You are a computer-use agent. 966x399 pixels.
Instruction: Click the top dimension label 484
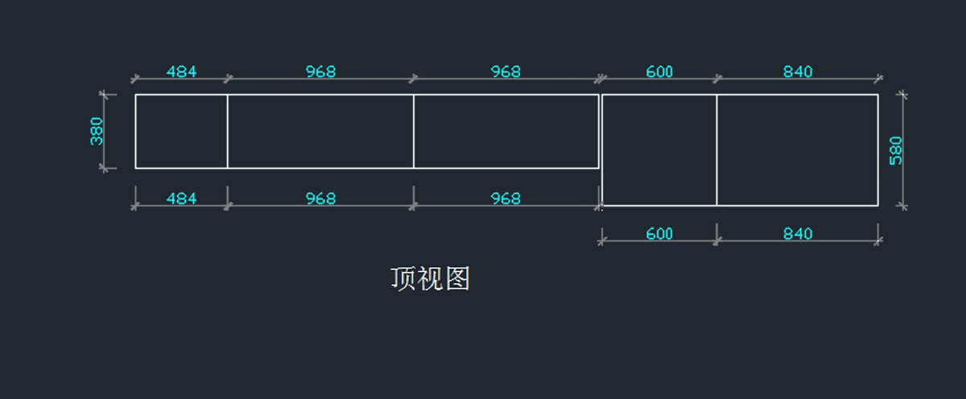coord(181,72)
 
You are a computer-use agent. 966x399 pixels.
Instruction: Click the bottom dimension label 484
coord(181,199)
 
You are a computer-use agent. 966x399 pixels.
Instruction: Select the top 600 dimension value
coord(659,72)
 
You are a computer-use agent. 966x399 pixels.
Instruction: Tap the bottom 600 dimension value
coord(659,234)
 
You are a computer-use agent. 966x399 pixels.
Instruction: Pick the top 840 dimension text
coord(798,72)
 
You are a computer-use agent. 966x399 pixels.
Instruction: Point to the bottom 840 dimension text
coord(798,234)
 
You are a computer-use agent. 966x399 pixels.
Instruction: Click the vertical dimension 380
coord(97,131)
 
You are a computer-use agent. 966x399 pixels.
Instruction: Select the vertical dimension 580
coord(896,150)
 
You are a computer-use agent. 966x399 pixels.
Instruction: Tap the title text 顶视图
coord(430,279)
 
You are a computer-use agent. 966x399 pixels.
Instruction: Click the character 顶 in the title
coord(403,279)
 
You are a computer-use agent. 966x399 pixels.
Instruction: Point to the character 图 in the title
coord(456,279)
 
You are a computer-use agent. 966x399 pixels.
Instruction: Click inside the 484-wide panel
coord(181,131)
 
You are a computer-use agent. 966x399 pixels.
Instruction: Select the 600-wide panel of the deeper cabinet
coord(659,150)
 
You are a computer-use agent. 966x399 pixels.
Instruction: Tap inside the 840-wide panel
coord(798,150)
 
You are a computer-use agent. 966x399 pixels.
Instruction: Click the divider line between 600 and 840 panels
coord(716,150)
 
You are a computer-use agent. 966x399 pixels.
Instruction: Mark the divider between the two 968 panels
coord(414,131)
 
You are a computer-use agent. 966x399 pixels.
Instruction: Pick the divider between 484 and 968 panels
coord(227,131)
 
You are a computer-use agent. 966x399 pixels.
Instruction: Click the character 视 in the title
coord(430,279)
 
